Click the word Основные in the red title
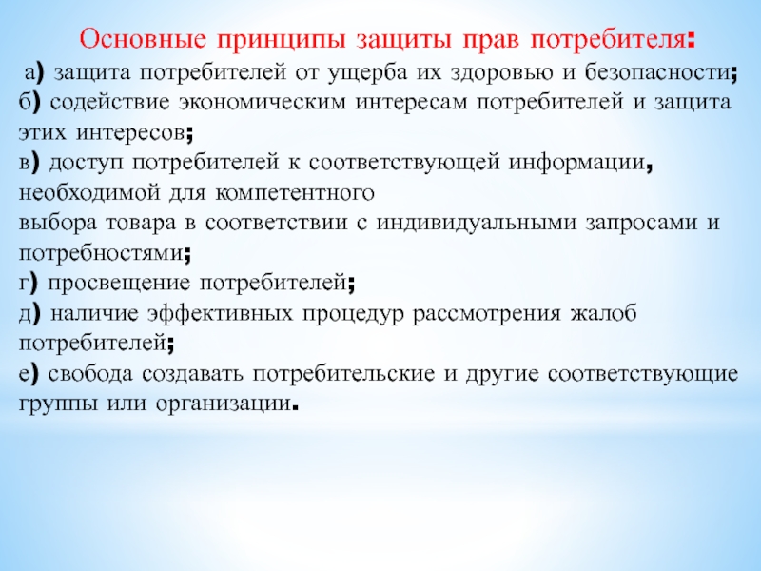143,39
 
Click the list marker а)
34,73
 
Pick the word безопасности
657,72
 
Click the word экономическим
263,103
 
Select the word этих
42,132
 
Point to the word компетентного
295,193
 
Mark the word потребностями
101,253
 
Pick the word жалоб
603,314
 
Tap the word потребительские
343,374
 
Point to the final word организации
224,404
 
